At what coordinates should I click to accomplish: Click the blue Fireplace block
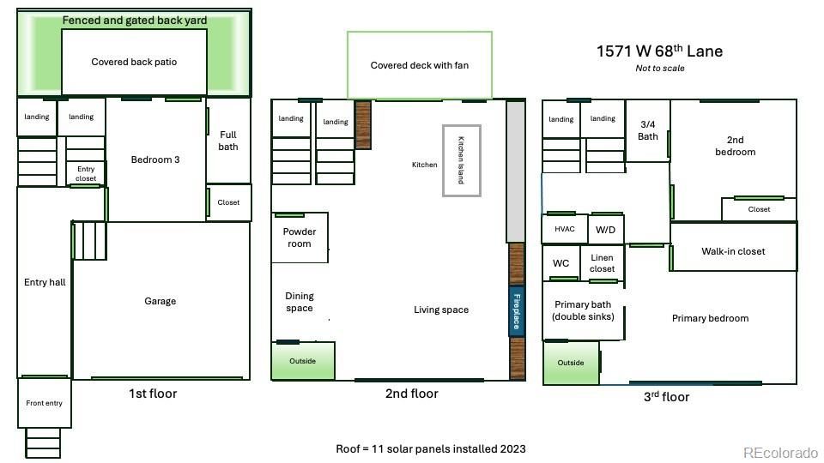pyautogui.click(x=516, y=311)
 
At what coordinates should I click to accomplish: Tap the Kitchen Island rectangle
pyautogui.click(x=461, y=160)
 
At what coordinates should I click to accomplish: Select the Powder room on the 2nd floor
pyautogui.click(x=300, y=238)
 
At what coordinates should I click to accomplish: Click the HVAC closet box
pyautogui.click(x=564, y=230)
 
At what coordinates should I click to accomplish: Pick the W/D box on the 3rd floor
pyautogui.click(x=605, y=230)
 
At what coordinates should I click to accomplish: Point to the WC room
pyautogui.click(x=560, y=263)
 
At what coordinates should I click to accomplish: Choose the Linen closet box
pyautogui.click(x=602, y=263)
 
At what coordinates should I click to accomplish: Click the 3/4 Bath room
pyautogui.click(x=648, y=130)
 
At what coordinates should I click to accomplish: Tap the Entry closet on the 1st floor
pyautogui.click(x=86, y=174)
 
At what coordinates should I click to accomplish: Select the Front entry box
pyautogui.click(x=44, y=403)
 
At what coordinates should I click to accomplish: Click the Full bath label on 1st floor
pyautogui.click(x=227, y=141)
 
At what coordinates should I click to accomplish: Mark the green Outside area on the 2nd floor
pyautogui.click(x=302, y=361)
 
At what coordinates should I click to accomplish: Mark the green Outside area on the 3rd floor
pyautogui.click(x=570, y=363)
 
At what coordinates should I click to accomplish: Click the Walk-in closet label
pyautogui.click(x=732, y=251)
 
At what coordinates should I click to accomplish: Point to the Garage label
pyautogui.click(x=160, y=301)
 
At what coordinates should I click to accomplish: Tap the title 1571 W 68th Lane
pyautogui.click(x=659, y=51)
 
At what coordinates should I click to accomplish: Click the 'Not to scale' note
pyautogui.click(x=659, y=69)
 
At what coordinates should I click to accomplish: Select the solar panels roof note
pyautogui.click(x=430, y=448)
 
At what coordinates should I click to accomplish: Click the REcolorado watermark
pyautogui.click(x=780, y=453)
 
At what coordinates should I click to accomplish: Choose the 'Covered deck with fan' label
pyautogui.click(x=419, y=65)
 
